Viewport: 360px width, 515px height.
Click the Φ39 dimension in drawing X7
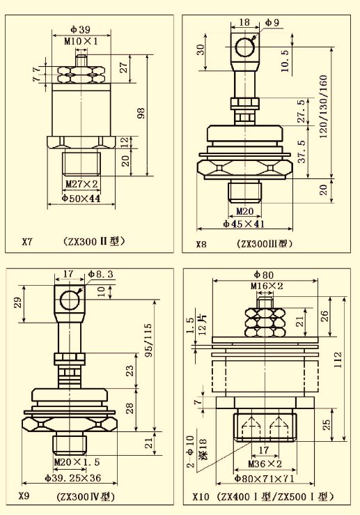click(80, 29)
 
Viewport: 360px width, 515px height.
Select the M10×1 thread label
click(81, 41)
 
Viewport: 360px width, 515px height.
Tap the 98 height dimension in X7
click(141, 113)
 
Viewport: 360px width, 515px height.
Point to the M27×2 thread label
click(81, 184)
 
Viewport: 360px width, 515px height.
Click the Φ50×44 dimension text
click(81, 199)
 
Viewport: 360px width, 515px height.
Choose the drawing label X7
click(27, 242)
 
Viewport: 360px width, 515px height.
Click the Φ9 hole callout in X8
click(272, 22)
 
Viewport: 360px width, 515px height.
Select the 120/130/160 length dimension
click(323, 107)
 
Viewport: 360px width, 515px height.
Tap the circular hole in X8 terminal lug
click(245, 47)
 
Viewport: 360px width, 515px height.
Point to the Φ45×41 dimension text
click(244, 224)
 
